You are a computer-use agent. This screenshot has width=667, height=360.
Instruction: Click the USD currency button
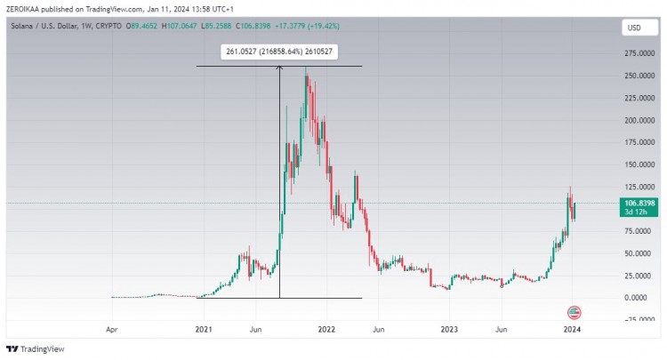pyautogui.click(x=633, y=28)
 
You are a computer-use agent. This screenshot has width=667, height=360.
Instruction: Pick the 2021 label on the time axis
pyautogui.click(x=205, y=329)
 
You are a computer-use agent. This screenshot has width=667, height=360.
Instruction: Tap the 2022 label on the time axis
pyautogui.click(x=326, y=329)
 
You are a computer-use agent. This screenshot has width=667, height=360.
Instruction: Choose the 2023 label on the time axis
pyautogui.click(x=450, y=329)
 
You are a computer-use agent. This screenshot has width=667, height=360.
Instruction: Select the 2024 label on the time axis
pyautogui.click(x=573, y=329)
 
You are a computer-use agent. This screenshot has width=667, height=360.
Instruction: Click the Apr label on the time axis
pyautogui.click(x=111, y=329)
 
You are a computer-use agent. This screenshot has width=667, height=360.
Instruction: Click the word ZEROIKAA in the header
pyautogui.click(x=25, y=9)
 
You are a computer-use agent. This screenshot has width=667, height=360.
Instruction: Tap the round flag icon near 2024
pyautogui.click(x=574, y=312)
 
